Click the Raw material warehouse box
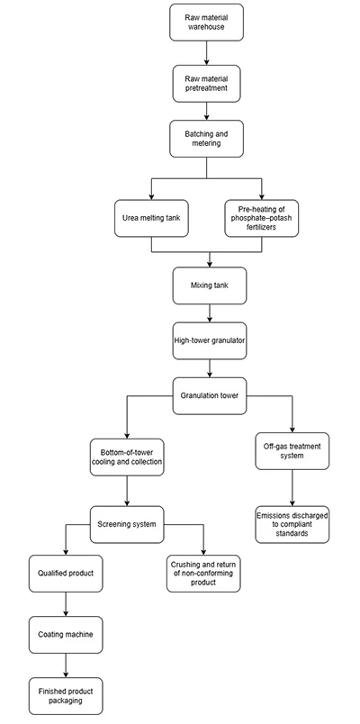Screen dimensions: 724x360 [206, 22]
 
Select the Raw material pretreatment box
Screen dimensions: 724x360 [206, 85]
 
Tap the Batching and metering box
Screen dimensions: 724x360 [206, 140]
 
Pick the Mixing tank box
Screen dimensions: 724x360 [209, 286]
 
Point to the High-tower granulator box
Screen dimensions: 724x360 [209, 341]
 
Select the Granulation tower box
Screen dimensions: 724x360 [210, 395]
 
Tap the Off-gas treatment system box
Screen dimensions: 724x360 [292, 455]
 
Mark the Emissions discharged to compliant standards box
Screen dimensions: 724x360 [292, 525]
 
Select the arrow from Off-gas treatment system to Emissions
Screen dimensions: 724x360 [292, 489]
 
